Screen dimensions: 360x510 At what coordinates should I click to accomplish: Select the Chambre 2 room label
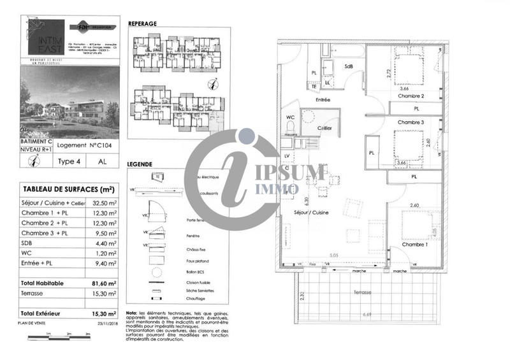[x=411, y=96]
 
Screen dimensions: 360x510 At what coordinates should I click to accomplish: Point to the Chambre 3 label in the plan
[x=411, y=122]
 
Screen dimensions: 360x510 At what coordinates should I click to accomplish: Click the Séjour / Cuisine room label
[x=311, y=212]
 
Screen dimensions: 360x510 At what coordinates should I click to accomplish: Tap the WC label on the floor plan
[x=290, y=118]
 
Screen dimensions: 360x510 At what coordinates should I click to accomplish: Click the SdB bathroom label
[x=349, y=66]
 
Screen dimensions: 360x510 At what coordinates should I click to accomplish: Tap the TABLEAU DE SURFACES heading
[x=68, y=189]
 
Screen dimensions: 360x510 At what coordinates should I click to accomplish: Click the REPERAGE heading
[x=143, y=24]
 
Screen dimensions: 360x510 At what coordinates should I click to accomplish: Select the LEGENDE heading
[x=140, y=164]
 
